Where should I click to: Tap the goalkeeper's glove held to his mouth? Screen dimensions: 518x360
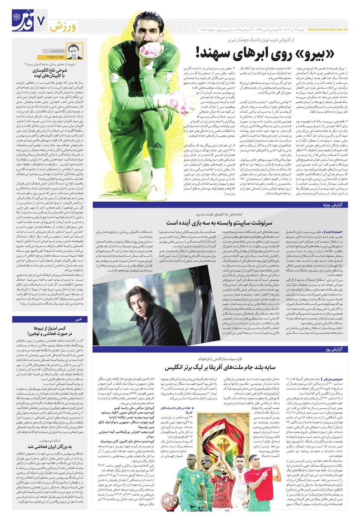point(149,51)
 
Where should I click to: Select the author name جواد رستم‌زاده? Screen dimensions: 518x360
point(54,57)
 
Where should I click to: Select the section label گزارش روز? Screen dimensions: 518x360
point(337,349)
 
